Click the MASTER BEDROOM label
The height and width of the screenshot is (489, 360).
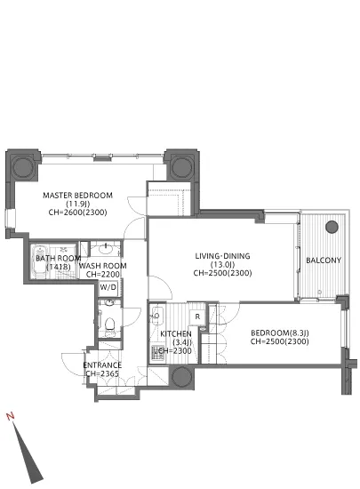click(x=77, y=196)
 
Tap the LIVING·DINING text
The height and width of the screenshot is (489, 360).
click(x=222, y=256)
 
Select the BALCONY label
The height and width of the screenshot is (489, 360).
click(x=324, y=261)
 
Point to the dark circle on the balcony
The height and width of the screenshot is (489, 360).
click(x=332, y=227)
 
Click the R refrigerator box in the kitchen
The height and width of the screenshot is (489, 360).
click(x=197, y=317)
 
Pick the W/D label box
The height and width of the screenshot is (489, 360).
click(x=108, y=287)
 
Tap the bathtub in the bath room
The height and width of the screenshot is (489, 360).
click(x=40, y=261)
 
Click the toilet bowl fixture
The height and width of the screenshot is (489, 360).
click(x=109, y=324)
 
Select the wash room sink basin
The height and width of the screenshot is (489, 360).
click(x=106, y=249)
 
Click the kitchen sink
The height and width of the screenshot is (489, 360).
click(x=156, y=316)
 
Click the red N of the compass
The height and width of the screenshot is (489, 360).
click(x=10, y=416)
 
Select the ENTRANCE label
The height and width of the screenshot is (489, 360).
click(x=102, y=365)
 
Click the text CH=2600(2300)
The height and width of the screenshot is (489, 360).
click(x=77, y=212)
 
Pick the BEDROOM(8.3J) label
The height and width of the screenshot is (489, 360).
click(x=280, y=333)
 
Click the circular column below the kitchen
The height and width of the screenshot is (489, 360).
click(x=181, y=376)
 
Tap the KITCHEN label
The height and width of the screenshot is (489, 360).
click(x=176, y=334)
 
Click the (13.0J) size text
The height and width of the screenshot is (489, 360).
click(x=222, y=265)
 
